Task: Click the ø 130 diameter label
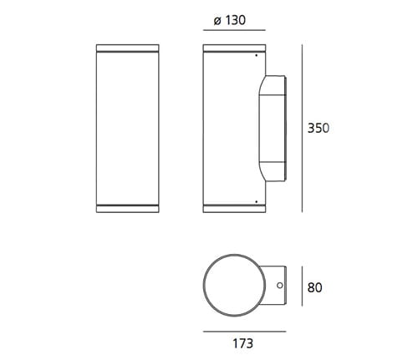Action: [230, 20]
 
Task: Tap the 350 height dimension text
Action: [319, 128]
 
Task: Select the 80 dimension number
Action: [314, 287]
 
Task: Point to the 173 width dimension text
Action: [243, 343]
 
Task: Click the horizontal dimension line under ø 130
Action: [234, 30]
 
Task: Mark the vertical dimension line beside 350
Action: [302, 129]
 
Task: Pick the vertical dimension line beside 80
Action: [302, 286]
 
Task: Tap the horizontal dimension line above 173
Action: [245, 332]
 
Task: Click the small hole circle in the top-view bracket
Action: [280, 286]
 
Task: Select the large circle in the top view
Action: [234, 254]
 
